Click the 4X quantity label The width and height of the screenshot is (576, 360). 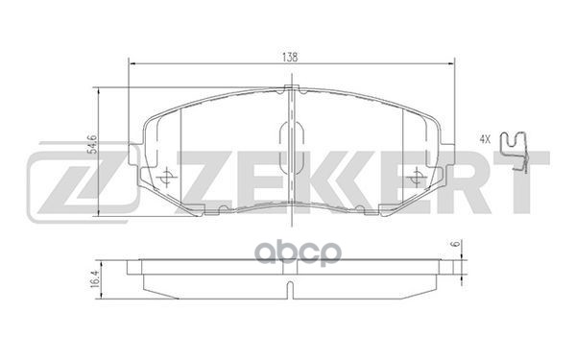[485, 140]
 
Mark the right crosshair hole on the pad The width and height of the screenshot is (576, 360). [416, 177]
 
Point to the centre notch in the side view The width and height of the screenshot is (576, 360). [291, 288]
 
